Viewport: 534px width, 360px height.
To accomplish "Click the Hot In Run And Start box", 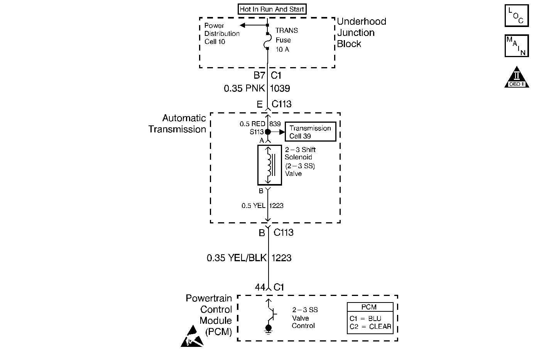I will pos(272,9).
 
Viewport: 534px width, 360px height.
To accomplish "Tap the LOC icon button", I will pos(516,16).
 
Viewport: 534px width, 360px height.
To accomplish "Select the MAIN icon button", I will pos(516,46).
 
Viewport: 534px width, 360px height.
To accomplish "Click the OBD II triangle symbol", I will pos(516,78).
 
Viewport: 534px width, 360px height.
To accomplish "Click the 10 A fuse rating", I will pos(282,49).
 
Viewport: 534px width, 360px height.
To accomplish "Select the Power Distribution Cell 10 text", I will pos(221,34).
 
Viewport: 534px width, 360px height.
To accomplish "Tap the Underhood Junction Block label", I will pos(361,33).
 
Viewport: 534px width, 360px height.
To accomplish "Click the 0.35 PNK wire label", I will pos(244,89).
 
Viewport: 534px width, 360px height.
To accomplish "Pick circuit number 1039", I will pos(280,89).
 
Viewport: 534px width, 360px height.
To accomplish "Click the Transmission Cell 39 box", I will pos(310,132).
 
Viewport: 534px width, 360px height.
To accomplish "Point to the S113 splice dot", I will pos(268,132).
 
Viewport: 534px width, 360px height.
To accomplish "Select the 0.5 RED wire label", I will pos(252,124).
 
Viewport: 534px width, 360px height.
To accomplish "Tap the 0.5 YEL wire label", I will pos(253,206).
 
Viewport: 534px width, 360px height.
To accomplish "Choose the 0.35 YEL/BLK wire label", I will pos(237,258).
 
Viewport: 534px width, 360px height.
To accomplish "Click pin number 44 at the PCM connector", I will pos(260,287).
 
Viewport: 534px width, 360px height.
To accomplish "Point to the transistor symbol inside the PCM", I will pos(270,314).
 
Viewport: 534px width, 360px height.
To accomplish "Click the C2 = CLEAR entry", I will pos(370,327).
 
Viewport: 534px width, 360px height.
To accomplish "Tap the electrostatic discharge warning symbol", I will pos(192,336).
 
